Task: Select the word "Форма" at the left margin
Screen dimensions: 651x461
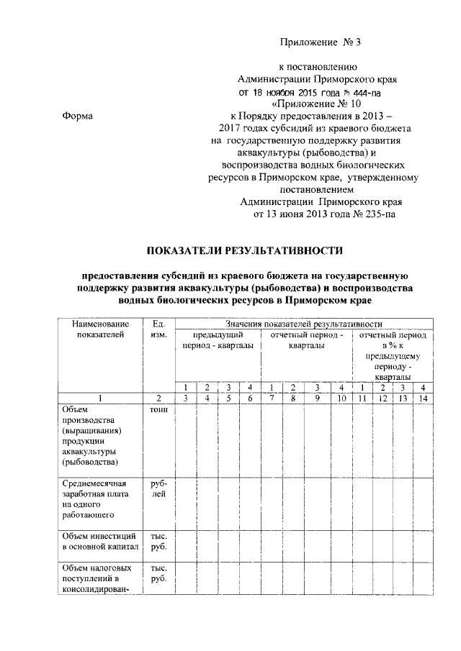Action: point(76,115)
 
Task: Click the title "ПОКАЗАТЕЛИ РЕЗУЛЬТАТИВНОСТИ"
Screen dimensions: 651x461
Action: point(243,251)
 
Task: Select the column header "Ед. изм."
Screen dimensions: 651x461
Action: point(159,330)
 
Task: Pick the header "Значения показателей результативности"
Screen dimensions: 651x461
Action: point(303,324)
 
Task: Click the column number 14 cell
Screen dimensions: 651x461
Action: point(424,399)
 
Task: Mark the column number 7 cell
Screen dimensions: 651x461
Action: point(270,399)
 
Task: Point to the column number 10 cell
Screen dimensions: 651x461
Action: point(341,399)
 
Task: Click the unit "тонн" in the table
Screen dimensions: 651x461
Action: point(159,409)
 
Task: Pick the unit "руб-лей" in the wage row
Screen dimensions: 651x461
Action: point(159,489)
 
